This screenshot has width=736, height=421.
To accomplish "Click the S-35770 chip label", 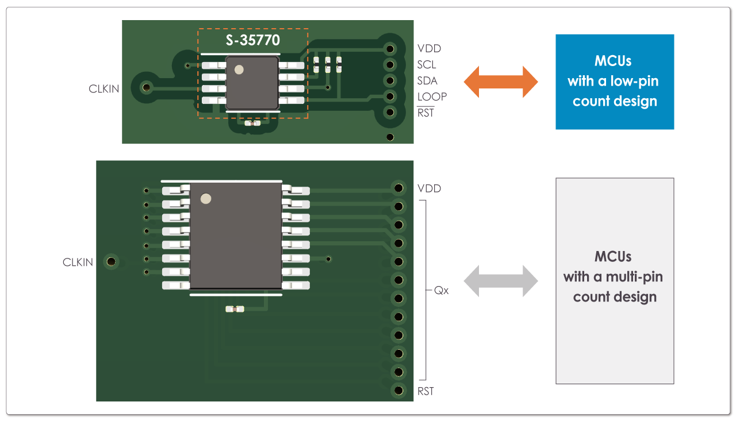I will [x=252, y=41].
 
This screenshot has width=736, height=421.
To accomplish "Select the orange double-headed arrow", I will [x=500, y=82].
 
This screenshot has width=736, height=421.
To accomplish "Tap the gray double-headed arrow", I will [x=500, y=281].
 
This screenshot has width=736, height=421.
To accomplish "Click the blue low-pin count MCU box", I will [x=615, y=82].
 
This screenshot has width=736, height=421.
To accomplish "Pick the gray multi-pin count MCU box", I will [x=615, y=281].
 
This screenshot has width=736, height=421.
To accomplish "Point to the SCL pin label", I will [x=427, y=65].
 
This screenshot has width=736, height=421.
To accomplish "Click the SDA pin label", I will [x=427, y=81].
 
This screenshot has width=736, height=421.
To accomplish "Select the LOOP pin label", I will [x=432, y=96].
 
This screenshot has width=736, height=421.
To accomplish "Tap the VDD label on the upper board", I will [x=429, y=49].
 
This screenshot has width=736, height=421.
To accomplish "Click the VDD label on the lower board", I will [x=429, y=188].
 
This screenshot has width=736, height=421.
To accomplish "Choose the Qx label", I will [x=442, y=291].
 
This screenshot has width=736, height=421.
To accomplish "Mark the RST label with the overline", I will [x=425, y=113].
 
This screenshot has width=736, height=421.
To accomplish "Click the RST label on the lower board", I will [x=425, y=391].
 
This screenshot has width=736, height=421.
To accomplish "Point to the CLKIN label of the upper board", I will [x=104, y=89].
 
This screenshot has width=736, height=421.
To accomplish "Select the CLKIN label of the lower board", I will [x=78, y=262].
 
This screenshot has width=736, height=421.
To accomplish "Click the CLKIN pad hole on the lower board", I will [x=112, y=262].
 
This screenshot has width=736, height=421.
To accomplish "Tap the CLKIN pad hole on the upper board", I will [x=146, y=87].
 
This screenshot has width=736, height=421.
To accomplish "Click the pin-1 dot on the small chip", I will [x=239, y=69].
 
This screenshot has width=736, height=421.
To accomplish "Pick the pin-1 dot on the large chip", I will [x=205, y=199].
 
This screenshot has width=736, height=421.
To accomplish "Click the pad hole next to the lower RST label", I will [x=398, y=391].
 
